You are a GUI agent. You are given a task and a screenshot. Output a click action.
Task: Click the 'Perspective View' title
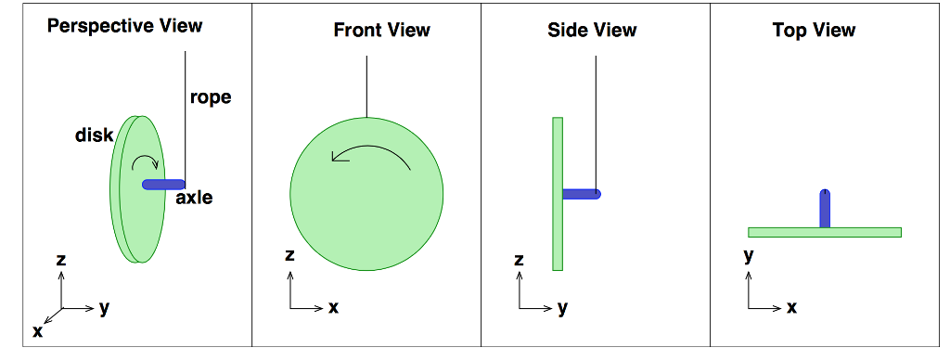pyautogui.click(x=124, y=25)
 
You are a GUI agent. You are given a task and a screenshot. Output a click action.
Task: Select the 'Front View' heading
pyautogui.click(x=381, y=30)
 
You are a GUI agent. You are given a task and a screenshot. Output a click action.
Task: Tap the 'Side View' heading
pyautogui.click(x=592, y=30)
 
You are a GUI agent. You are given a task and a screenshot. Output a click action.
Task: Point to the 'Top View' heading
pyautogui.click(x=814, y=30)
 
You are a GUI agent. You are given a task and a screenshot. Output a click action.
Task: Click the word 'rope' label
pyautogui.click(x=211, y=96)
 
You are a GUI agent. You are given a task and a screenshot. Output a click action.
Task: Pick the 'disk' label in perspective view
pyautogui.click(x=94, y=135)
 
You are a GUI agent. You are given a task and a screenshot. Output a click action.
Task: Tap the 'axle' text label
pyautogui.click(x=194, y=197)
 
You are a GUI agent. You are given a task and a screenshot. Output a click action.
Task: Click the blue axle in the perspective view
pyautogui.click(x=163, y=185)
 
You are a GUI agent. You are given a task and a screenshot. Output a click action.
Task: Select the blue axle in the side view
pyautogui.click(x=582, y=194)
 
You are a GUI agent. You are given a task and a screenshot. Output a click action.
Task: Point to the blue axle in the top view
pyautogui.click(x=825, y=209)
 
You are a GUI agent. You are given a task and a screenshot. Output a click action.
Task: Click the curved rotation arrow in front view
pyautogui.click(x=371, y=151)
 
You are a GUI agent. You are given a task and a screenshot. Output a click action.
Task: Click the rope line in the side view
pyautogui.click(x=597, y=121)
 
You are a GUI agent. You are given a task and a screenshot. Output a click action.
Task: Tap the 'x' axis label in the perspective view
pyautogui.click(x=38, y=330)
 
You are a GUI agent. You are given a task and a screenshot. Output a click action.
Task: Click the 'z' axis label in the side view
pyautogui.click(x=519, y=261)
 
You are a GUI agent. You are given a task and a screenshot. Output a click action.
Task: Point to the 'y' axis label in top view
pyautogui.click(x=748, y=256)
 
